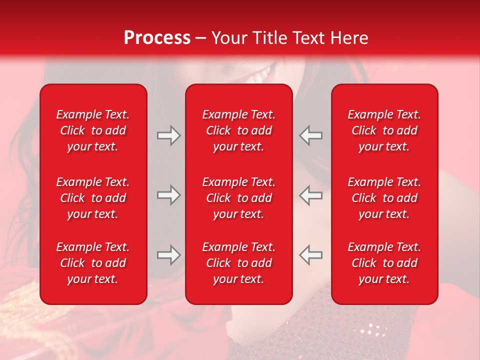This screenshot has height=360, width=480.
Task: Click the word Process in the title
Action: (157, 38)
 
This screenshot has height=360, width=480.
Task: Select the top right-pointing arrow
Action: (169, 135)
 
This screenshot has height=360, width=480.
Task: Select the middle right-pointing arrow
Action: (169, 195)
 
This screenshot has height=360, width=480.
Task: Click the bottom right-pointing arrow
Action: (169, 255)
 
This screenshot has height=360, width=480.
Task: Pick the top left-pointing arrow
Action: (310, 135)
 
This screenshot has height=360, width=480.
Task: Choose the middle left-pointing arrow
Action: (310, 195)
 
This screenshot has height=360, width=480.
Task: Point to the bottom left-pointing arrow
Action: (310, 255)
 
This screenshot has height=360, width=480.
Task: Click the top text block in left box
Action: (93, 130)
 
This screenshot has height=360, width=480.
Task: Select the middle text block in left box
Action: (93, 198)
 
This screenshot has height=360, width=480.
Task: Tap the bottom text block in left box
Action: (93, 263)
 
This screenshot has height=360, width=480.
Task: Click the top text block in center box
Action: (239, 130)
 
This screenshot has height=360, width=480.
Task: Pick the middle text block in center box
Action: (239, 198)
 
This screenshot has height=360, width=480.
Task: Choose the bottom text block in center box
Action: (239, 263)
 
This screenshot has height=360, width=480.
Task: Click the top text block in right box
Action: (384, 130)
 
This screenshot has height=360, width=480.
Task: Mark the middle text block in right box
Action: (384, 198)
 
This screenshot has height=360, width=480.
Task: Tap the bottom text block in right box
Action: (384, 263)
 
